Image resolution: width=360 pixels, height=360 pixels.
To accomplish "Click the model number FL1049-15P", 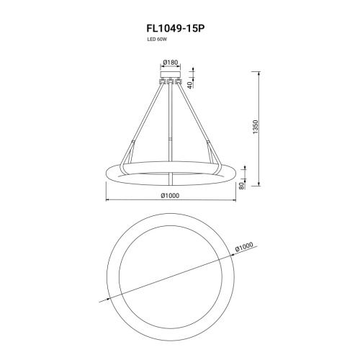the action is [x=176, y=29].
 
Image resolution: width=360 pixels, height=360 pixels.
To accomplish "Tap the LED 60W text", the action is [x=157, y=40].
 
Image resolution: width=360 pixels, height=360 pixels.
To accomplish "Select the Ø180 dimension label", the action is [x=171, y=63].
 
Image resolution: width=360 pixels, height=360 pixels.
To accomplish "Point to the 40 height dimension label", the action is [x=190, y=85].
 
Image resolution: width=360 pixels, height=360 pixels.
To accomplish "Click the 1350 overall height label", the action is [x=255, y=127].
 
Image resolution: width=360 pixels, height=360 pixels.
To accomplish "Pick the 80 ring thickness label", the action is [x=241, y=186].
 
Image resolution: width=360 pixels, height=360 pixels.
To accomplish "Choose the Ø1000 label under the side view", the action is [x=170, y=196].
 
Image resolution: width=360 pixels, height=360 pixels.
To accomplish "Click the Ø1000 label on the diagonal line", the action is [x=244, y=247].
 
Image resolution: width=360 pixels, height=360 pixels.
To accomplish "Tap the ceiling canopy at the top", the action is [x=171, y=74].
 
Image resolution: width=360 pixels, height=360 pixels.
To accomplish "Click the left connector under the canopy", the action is [x=163, y=81].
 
